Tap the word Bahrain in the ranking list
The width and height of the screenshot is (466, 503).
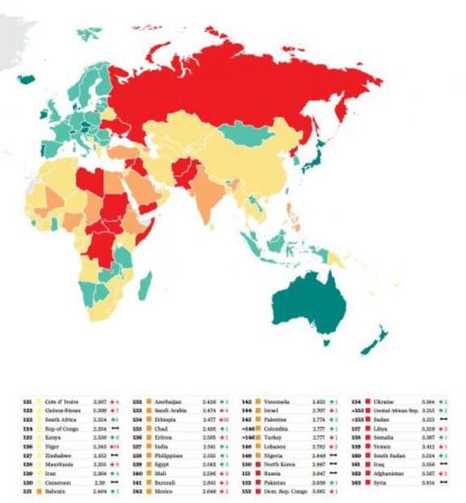coord(56,491)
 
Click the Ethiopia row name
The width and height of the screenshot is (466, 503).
coord(161,419)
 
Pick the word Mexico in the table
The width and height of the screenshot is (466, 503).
coord(159,491)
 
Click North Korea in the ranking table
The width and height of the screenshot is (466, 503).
coord(269,464)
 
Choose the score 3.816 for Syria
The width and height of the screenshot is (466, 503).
coord(427,482)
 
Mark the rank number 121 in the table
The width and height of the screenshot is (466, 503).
coord(28,402)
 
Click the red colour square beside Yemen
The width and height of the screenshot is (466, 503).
coord(367,446)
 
